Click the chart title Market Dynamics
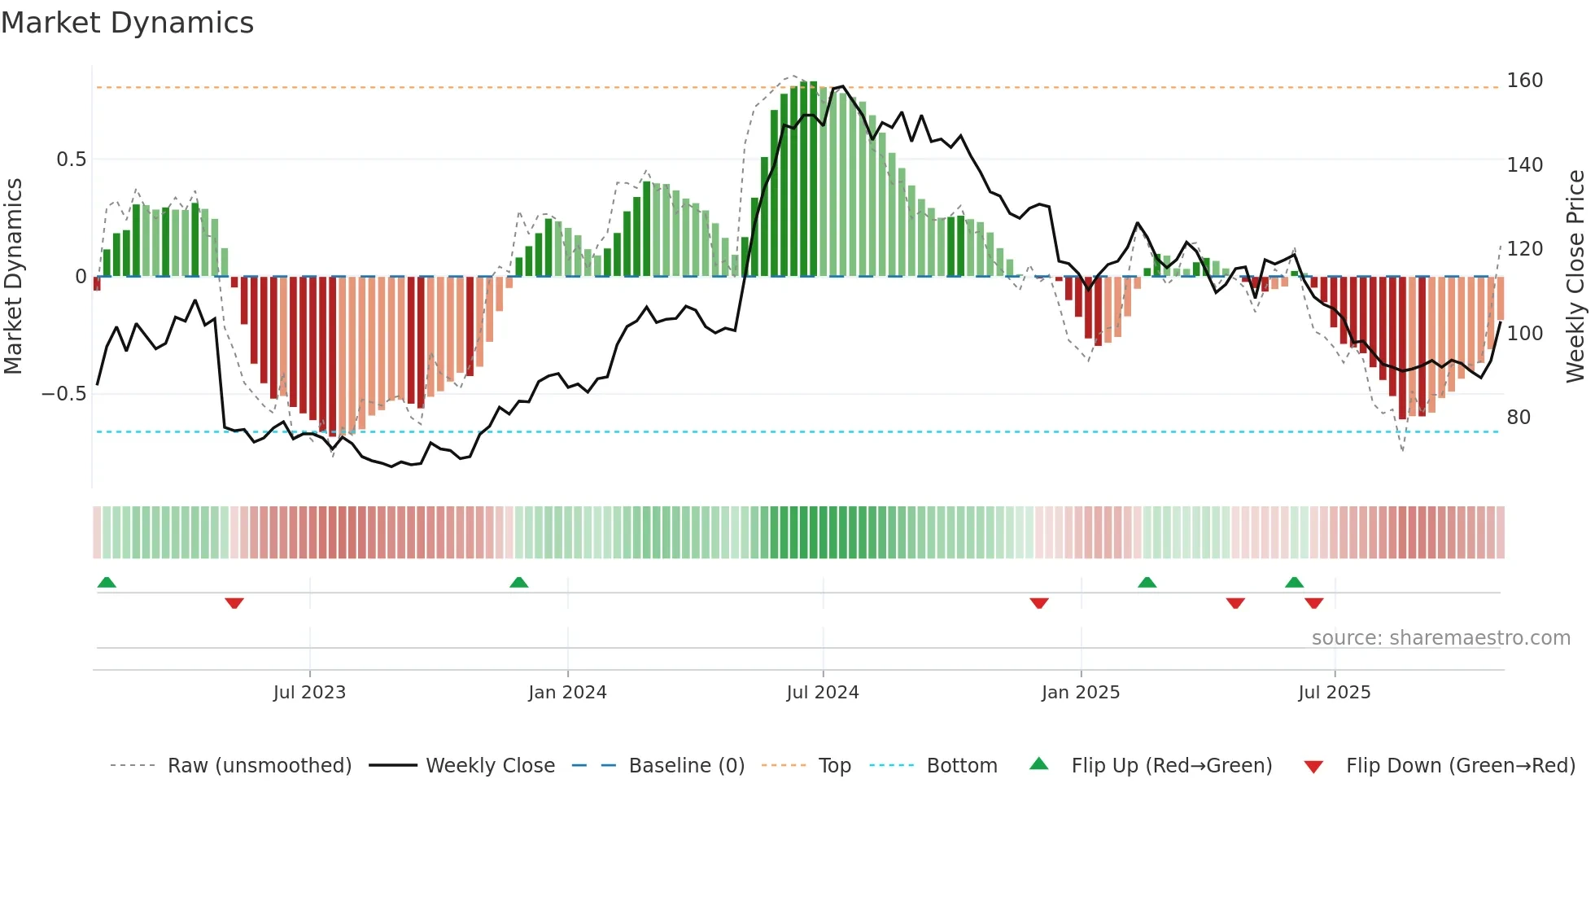click(128, 23)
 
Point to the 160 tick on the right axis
click(1524, 81)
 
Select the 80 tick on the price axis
click(1519, 418)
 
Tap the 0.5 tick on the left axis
click(72, 160)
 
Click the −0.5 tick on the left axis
click(64, 394)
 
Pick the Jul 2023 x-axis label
click(309, 693)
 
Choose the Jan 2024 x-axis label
click(567, 693)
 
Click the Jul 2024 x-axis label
click(823, 693)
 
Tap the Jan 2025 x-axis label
click(1081, 693)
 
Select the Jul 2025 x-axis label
click(1335, 693)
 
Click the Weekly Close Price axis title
click(1575, 277)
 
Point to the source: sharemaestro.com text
click(1441, 638)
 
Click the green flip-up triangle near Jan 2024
click(519, 582)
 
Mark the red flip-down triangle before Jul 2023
click(234, 603)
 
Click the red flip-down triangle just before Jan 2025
click(1039, 603)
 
